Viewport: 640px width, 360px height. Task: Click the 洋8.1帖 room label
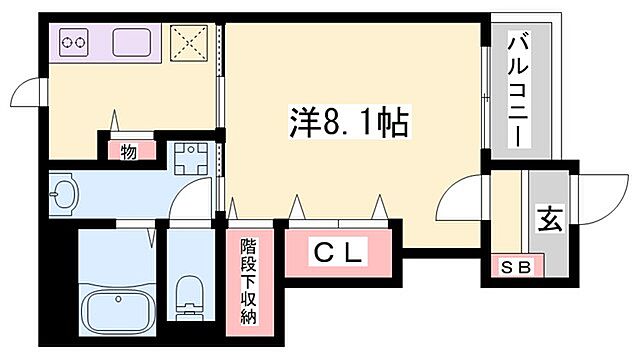point(347,123)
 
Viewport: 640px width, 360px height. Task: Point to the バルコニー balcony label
point(518,90)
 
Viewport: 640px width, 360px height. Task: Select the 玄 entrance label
point(550,217)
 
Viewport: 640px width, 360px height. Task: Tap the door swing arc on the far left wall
point(27,97)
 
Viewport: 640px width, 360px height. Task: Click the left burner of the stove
point(69,42)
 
